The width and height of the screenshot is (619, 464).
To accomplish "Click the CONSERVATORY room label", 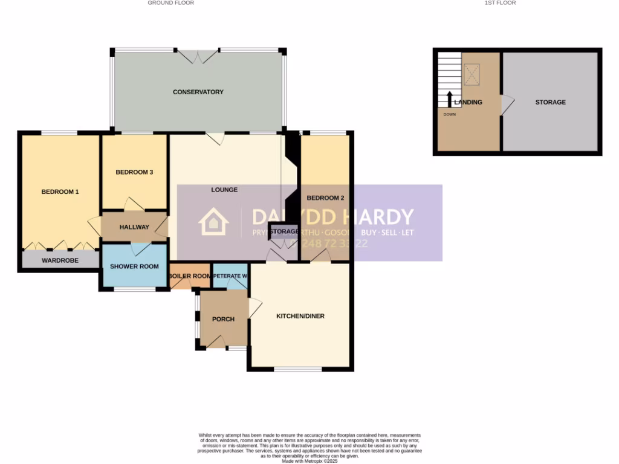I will click(x=198, y=92).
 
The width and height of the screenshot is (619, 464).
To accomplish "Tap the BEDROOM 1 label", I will click(x=60, y=192).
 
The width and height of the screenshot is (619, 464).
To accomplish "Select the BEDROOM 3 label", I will click(x=134, y=172).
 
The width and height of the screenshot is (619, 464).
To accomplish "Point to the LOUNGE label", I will click(x=224, y=190).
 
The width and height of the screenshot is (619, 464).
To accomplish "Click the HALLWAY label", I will click(x=134, y=227).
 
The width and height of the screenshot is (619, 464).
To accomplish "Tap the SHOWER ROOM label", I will click(x=134, y=266).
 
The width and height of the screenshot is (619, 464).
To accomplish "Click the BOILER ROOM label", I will click(x=190, y=276).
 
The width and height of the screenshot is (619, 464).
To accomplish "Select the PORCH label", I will click(x=223, y=319).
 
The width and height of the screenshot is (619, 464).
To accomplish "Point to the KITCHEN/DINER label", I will click(x=300, y=316).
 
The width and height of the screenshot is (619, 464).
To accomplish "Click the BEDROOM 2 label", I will click(x=325, y=198).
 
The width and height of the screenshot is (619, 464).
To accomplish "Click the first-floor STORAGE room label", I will click(x=550, y=102).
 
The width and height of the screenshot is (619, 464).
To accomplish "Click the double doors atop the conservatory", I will click(x=198, y=57).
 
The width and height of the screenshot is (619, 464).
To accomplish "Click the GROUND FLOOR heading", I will click(x=171, y=3).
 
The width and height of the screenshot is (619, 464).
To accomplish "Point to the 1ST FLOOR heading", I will click(x=500, y=3).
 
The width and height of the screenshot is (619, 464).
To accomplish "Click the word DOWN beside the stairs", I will click(x=449, y=114).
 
